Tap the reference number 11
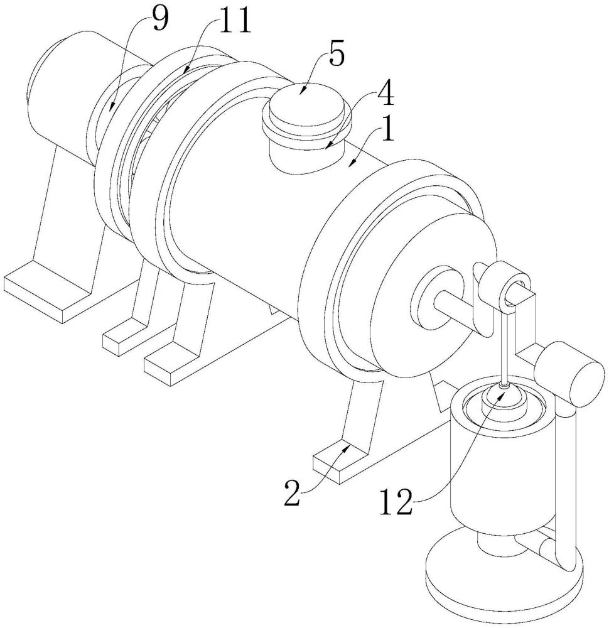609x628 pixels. point(232,21)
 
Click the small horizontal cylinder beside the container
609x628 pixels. point(570,372)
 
